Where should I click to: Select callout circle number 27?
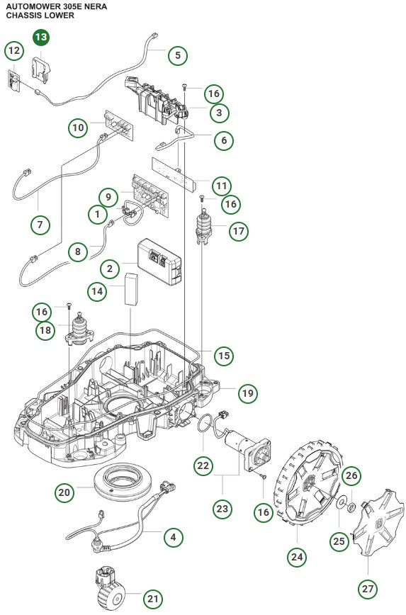click(x=367, y=588)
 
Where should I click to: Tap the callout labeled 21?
click(x=152, y=599)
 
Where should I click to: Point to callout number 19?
click(x=247, y=393)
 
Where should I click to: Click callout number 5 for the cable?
click(x=177, y=54)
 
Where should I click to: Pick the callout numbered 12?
click(x=14, y=51)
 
